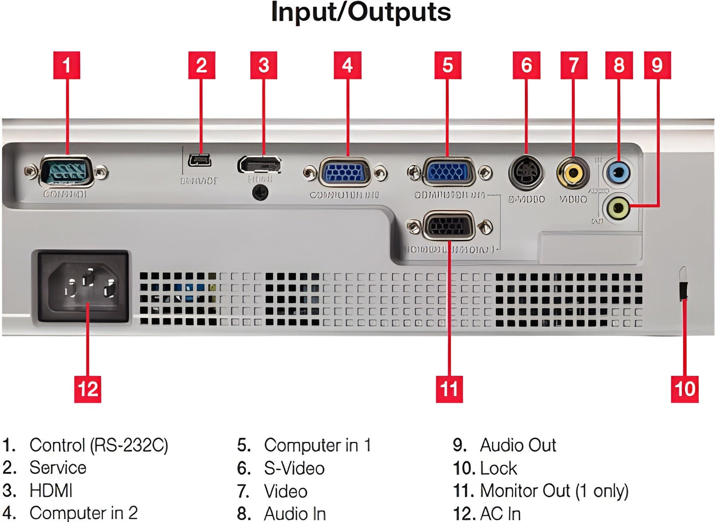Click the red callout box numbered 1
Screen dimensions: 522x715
tap(66, 65)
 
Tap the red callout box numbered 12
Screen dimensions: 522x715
tap(88, 388)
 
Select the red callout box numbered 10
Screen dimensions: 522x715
tap(685, 388)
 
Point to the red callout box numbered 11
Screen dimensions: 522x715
tap(449, 388)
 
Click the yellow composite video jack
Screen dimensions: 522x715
tap(573, 173)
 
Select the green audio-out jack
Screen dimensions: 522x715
tap(618, 208)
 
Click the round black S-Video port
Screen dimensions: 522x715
tap(526, 173)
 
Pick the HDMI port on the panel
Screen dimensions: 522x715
tap(259, 164)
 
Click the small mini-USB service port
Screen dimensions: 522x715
tap(200, 160)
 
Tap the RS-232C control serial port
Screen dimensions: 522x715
tap(66, 172)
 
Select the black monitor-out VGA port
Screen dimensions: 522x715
tap(448, 227)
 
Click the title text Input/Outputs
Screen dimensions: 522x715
tap(361, 13)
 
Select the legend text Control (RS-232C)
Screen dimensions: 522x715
tap(98, 445)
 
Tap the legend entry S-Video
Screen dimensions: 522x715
tap(294, 468)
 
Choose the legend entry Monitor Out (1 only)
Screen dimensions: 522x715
tap(554, 491)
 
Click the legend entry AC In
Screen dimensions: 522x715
tap(500, 514)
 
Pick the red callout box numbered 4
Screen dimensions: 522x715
tap(347, 65)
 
